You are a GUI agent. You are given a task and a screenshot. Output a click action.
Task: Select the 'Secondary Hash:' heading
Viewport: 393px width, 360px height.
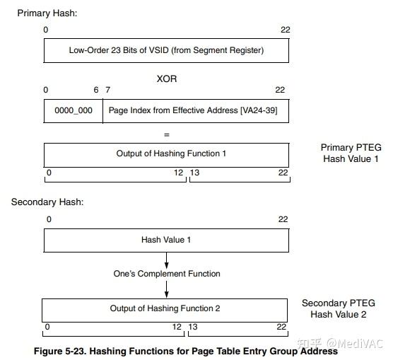click(x=47, y=202)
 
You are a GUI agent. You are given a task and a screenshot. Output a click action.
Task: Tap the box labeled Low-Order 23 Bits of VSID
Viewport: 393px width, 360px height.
click(x=166, y=51)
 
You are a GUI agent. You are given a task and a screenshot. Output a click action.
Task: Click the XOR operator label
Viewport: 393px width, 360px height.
click(x=167, y=79)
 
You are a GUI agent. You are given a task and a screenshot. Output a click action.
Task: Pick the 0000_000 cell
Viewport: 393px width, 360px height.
click(x=74, y=111)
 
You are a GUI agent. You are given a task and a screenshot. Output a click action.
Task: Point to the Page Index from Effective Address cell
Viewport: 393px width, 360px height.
click(x=196, y=111)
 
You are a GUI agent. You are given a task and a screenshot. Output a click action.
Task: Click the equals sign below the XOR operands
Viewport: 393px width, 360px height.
click(x=167, y=133)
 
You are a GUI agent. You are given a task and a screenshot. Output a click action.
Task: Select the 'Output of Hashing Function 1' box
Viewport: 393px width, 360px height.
click(x=166, y=154)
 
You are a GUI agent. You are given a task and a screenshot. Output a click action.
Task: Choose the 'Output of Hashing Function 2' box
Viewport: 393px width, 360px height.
click(x=165, y=309)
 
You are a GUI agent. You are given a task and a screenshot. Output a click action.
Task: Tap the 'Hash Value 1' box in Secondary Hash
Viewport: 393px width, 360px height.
click(x=166, y=240)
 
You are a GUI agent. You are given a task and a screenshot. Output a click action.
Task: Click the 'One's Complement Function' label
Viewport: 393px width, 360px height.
click(x=167, y=274)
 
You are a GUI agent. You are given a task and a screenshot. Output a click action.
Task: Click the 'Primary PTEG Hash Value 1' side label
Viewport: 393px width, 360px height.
click(x=351, y=153)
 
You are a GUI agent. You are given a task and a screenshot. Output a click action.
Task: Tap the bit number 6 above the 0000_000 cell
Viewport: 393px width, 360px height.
click(x=96, y=90)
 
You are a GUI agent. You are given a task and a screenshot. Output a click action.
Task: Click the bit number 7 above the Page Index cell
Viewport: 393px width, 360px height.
click(x=107, y=90)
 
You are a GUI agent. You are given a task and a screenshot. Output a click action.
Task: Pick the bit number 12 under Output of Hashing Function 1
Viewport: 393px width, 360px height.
click(x=179, y=173)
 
